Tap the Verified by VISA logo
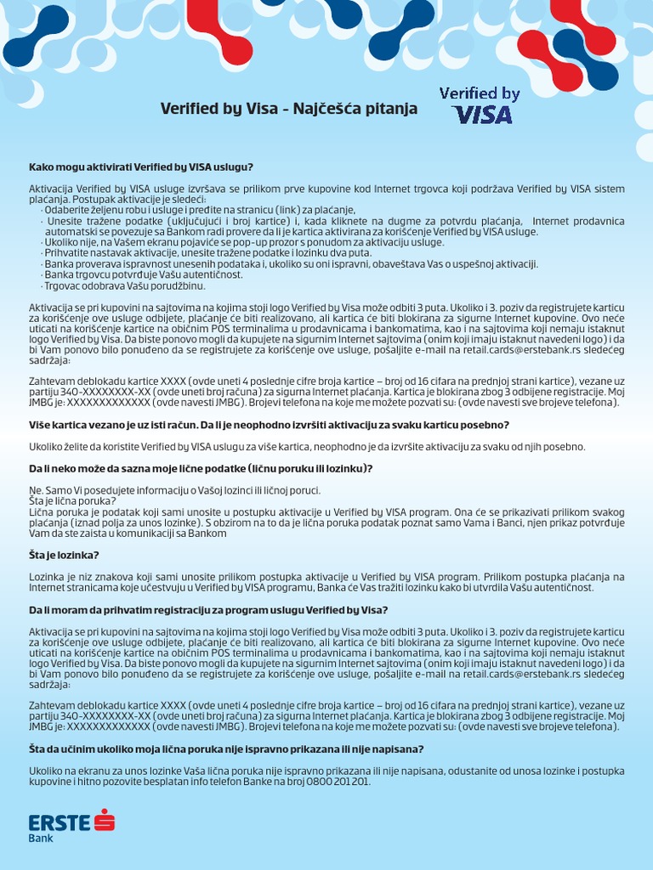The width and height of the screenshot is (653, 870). point(480,105)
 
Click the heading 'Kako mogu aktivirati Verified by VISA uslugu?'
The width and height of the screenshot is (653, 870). point(141,167)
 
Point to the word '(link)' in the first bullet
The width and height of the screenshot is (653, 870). point(297,210)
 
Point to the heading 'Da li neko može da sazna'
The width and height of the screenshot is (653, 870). point(201,469)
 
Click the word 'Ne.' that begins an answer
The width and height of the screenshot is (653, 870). point(36,491)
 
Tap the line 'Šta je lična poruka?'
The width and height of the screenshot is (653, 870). point(72,501)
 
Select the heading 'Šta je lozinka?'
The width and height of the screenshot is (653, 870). point(65,556)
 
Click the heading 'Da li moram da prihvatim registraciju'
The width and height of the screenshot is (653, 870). point(208,610)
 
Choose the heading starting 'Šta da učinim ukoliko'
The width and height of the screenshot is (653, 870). point(226,749)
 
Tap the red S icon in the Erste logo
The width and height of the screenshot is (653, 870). point(105,821)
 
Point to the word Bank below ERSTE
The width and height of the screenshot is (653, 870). point(41,839)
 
